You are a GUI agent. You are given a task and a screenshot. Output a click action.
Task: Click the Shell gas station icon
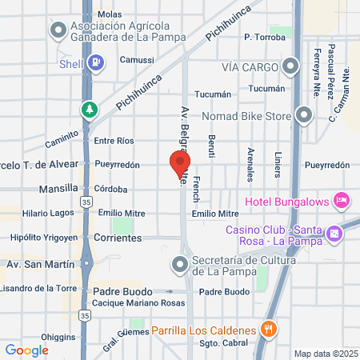[x=95, y=62]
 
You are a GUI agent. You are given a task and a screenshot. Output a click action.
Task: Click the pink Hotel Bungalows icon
[x=342, y=198]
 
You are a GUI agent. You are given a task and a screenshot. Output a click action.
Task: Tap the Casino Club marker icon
[x=334, y=234]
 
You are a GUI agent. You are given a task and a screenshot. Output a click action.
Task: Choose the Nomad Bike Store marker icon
[x=303, y=114]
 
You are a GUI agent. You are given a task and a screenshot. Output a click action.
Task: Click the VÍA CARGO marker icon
[x=292, y=67]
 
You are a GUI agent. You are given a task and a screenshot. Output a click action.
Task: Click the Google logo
[x=27, y=350]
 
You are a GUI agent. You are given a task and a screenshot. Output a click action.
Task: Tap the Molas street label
[x=110, y=14]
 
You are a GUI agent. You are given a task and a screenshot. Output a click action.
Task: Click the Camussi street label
[x=137, y=60]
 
